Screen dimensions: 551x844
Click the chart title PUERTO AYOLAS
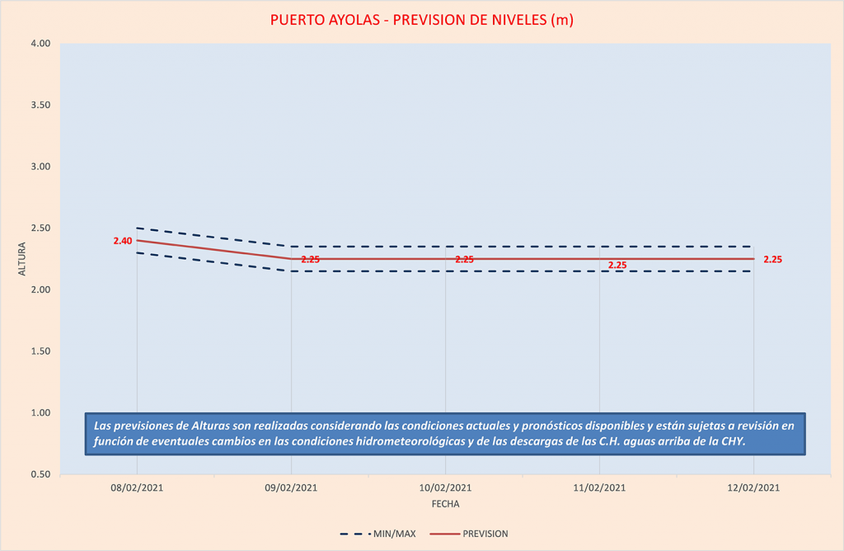(x=421, y=20)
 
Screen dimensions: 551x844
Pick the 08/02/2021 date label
(x=136, y=487)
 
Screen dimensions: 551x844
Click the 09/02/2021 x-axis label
(x=291, y=487)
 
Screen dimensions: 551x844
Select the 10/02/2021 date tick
(x=445, y=487)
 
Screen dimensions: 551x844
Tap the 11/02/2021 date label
(x=599, y=487)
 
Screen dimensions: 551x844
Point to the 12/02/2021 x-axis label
(x=753, y=487)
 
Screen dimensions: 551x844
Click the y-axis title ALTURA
(x=22, y=259)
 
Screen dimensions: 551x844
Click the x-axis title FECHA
(x=445, y=503)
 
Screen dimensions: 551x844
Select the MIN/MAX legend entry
(x=395, y=534)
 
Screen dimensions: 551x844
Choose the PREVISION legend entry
(x=485, y=534)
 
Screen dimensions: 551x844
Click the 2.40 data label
(x=123, y=241)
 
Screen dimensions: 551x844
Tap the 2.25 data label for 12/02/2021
(x=772, y=259)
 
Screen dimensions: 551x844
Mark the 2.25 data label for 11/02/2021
(x=617, y=265)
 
